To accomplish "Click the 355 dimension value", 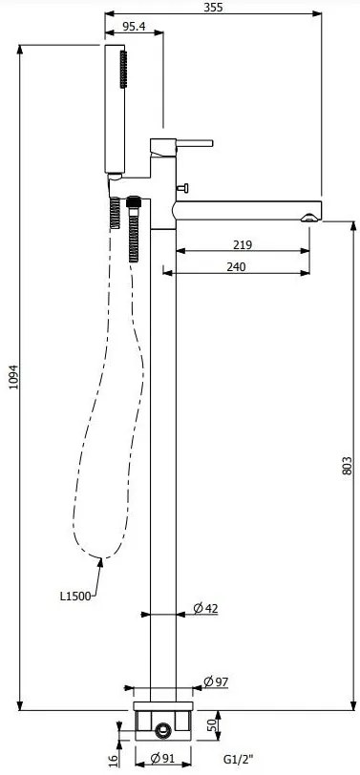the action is (213, 7).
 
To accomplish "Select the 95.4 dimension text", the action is (134, 26).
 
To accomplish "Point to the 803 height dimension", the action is (348, 466).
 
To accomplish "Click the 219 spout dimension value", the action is (243, 244).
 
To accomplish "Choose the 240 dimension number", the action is (236, 267).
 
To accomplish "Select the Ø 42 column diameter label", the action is (205, 608).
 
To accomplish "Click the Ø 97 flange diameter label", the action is (216, 682).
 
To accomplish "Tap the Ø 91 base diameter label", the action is (163, 758).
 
